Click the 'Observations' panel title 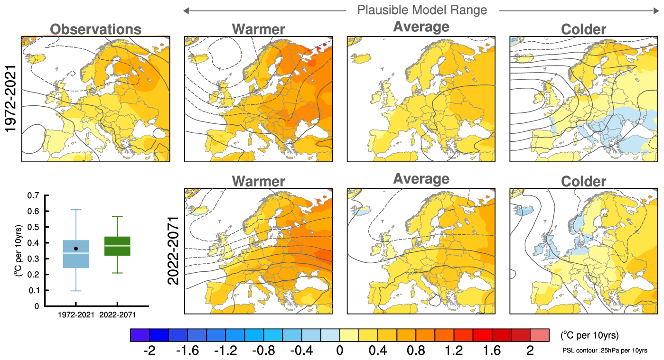(x=95, y=29)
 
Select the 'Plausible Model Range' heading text (x=422, y=10)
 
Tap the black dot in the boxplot (x=76, y=249)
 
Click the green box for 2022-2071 (x=117, y=246)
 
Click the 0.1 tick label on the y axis (x=33, y=290)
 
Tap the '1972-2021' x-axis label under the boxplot (x=76, y=315)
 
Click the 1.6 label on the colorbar (x=492, y=351)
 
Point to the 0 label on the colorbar (x=340, y=351)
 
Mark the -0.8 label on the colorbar (x=263, y=351)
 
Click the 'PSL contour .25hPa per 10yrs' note (x=604, y=350)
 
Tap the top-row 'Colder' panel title (x=583, y=29)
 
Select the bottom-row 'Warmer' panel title (x=258, y=182)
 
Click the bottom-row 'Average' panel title (x=421, y=179)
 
